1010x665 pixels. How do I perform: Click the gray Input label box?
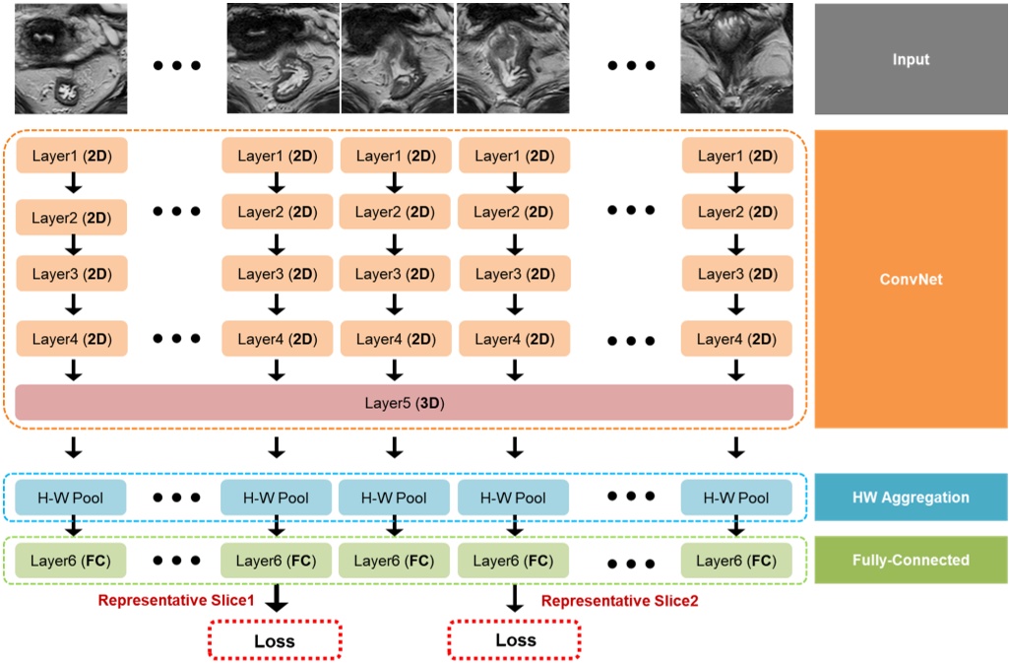coord(911,59)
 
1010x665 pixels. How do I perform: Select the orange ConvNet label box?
coord(911,280)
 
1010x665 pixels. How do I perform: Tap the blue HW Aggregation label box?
coord(911,499)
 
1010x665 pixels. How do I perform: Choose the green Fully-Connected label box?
coord(911,560)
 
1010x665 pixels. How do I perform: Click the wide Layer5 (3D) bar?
coord(404,403)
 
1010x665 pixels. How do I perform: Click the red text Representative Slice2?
coord(620,600)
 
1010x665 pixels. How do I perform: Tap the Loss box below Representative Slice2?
coord(515,640)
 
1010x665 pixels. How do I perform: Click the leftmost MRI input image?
coord(71,58)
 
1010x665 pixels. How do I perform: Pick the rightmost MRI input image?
coord(736,58)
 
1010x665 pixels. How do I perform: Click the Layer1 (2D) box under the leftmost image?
coord(71,156)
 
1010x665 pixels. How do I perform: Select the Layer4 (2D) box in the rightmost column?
coord(736,339)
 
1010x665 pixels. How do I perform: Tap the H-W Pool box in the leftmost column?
coord(71,498)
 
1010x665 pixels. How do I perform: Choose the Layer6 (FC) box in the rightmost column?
coord(736,561)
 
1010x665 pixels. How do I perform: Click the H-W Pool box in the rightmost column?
coord(736,498)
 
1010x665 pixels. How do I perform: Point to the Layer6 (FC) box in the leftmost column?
coord(71,561)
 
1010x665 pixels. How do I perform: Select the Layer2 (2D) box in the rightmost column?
coord(736,212)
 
